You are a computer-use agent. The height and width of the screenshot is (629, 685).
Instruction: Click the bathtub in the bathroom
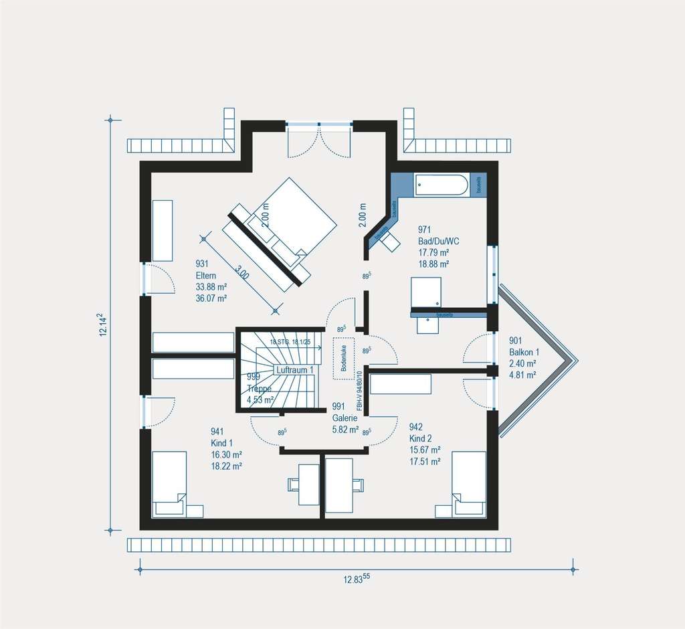tap(442, 185)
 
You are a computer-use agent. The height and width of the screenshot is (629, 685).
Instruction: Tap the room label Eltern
tap(207, 275)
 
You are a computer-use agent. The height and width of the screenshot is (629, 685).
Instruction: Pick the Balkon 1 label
tap(524, 352)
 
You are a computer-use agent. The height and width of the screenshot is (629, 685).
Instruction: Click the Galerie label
tap(345, 418)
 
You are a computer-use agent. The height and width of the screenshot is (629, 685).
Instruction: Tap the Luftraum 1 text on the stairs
tap(295, 370)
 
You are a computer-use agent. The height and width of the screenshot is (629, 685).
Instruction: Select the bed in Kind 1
tap(169, 483)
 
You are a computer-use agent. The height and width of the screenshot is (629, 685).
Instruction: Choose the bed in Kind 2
tap(468, 483)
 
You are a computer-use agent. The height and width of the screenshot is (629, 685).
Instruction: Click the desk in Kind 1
tap(308, 483)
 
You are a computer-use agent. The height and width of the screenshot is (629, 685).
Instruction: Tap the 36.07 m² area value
tap(211, 298)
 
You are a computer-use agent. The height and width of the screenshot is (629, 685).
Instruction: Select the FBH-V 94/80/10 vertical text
tap(359, 391)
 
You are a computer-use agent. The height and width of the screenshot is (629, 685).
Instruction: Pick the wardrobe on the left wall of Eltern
tap(163, 230)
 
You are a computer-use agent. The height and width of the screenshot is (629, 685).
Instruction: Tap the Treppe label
tap(258, 388)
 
